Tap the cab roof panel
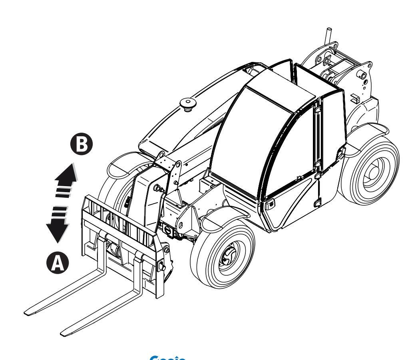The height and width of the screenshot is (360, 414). [x=280, y=88]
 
